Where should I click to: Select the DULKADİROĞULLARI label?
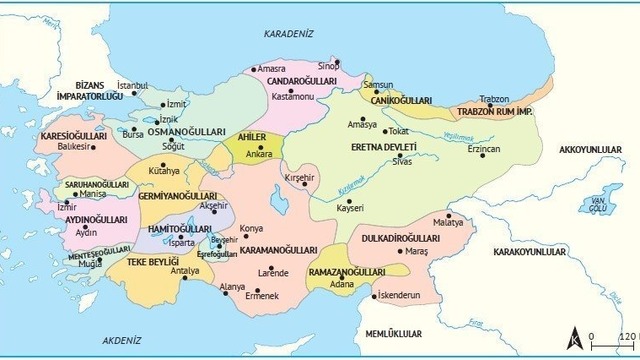click(x=396, y=239)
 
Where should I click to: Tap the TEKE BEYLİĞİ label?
click(x=152, y=262)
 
